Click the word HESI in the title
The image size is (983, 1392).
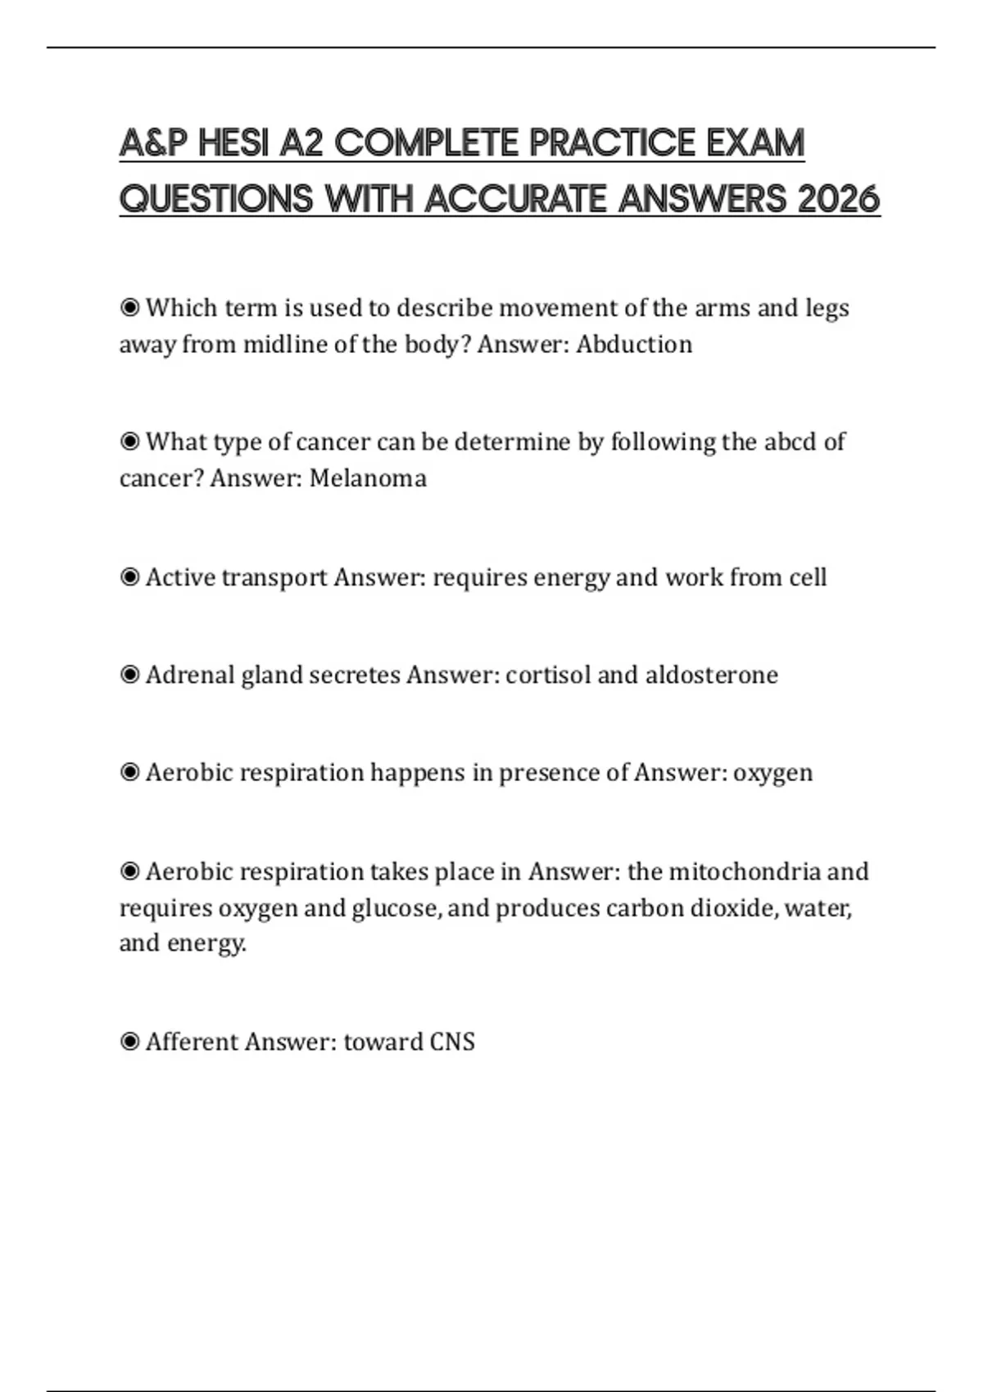(233, 143)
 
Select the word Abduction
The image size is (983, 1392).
(634, 345)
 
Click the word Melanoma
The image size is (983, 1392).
(368, 478)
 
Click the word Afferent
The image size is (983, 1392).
(192, 1042)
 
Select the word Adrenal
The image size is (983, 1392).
(190, 676)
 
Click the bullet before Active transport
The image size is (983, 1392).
(129, 578)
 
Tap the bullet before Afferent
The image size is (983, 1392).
(129, 1042)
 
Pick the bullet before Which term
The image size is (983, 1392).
(129, 308)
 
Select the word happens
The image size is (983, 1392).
(417, 773)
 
